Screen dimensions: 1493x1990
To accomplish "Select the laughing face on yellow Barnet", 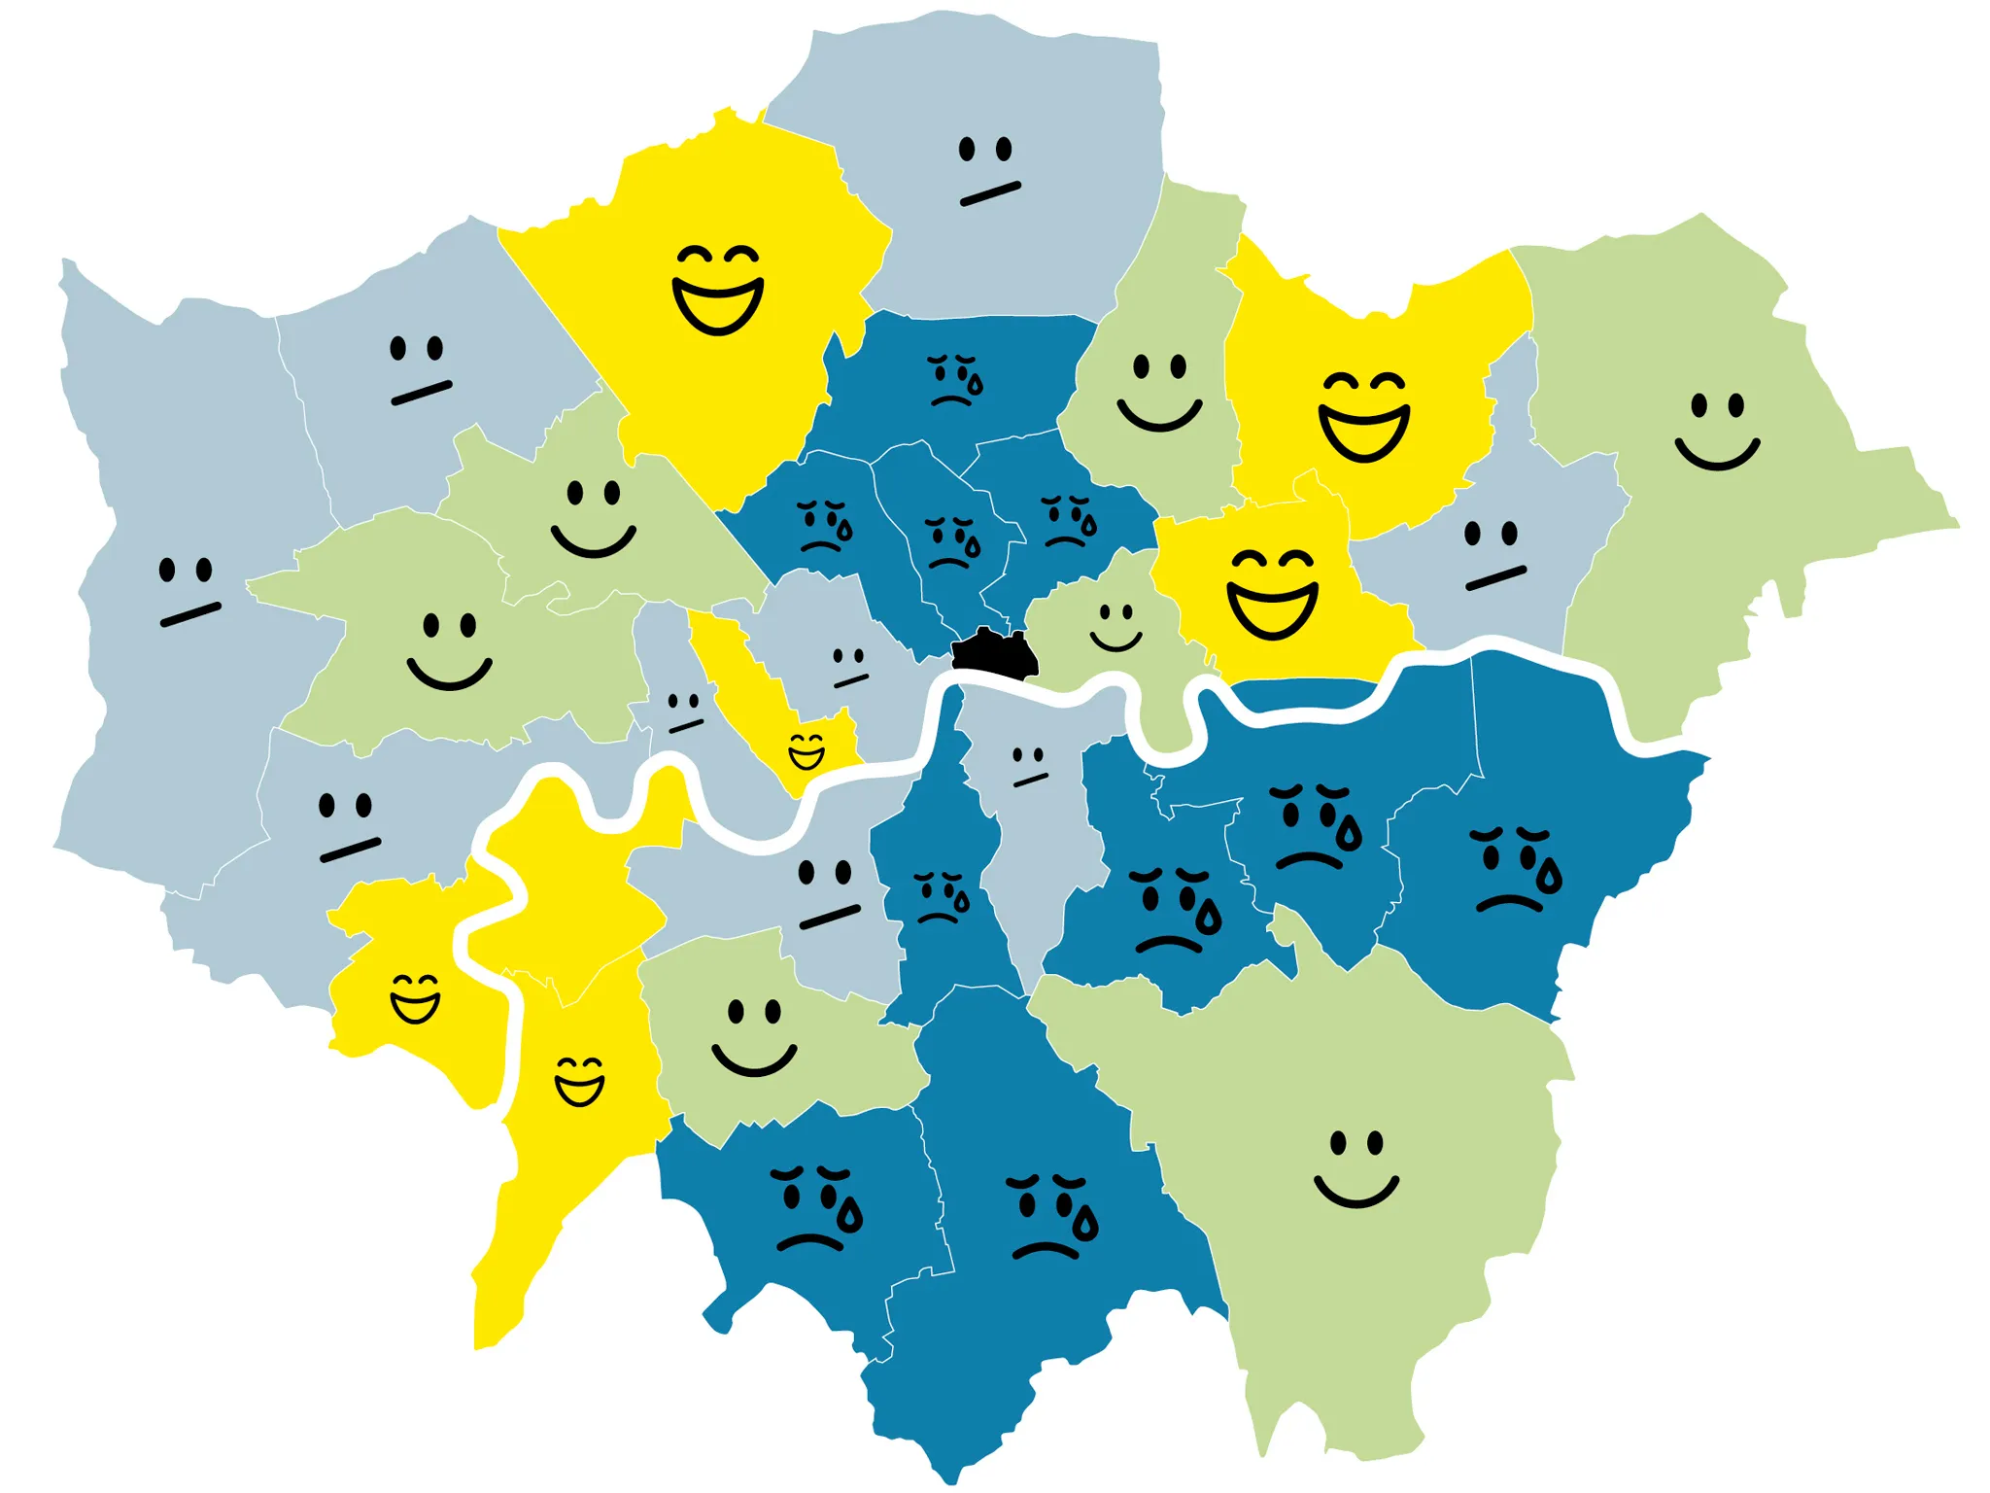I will pyautogui.click(x=718, y=289).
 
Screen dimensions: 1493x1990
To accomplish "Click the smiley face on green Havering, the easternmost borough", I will pyautogui.click(x=1717, y=430).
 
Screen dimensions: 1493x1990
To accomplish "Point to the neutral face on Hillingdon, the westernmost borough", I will pyautogui.click(x=189, y=590).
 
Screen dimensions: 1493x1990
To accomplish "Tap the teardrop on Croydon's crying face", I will pyautogui.click(x=1085, y=1223).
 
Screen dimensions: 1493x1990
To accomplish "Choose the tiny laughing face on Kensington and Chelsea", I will pyautogui.click(x=806, y=750).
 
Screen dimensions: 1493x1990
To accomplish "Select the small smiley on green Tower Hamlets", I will pyautogui.click(x=1115, y=627).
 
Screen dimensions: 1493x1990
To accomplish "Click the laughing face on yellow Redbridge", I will pyautogui.click(x=1363, y=415).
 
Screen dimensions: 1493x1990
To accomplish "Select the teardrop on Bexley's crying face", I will pyautogui.click(x=1549, y=878).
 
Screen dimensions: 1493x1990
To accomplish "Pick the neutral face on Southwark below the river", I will pyautogui.click(x=1028, y=766).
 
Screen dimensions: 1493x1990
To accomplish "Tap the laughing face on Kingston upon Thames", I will pyautogui.click(x=579, y=1081).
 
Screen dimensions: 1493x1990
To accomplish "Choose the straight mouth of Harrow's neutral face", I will pyautogui.click(x=421, y=393).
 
